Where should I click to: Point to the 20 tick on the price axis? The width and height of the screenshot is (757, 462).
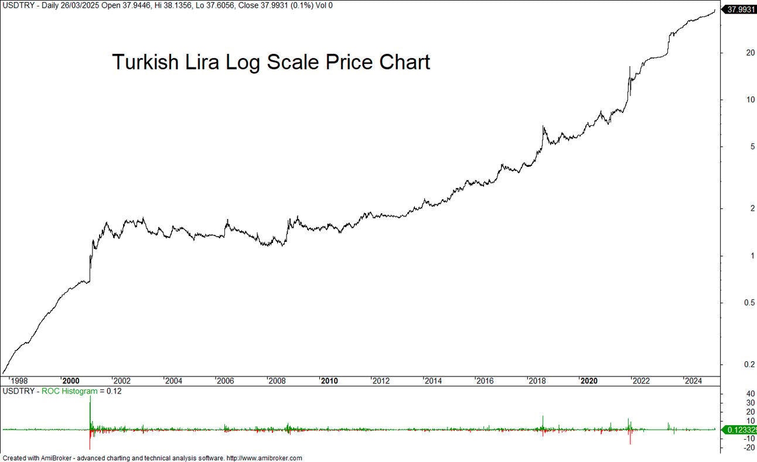coord(733,53)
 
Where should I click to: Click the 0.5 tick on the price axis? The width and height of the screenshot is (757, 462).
coord(732,303)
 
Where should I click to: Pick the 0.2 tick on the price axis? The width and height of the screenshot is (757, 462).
coord(732,364)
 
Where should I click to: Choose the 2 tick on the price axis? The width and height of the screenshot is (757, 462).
coord(729,208)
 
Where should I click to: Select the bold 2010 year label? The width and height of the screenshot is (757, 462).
coord(330,381)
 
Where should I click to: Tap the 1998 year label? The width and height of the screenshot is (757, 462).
coord(19,381)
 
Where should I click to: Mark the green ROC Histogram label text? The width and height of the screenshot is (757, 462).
coord(69,391)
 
